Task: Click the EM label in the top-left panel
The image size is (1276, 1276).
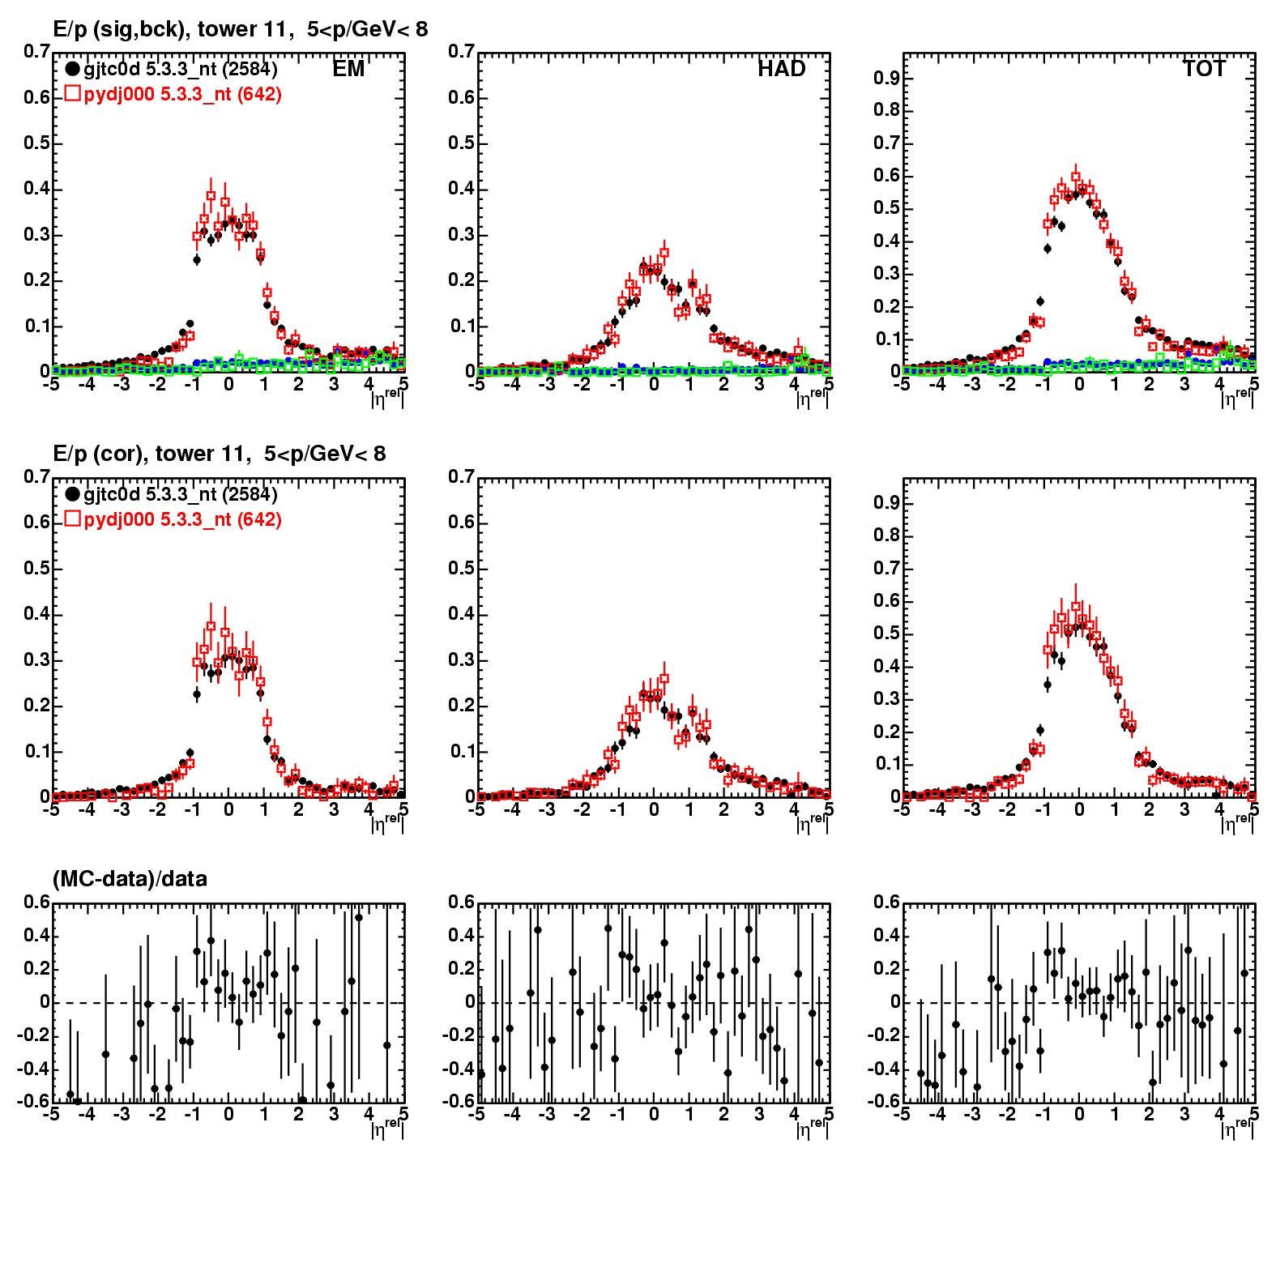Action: point(348,69)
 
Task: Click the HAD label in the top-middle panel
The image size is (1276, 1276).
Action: point(782,69)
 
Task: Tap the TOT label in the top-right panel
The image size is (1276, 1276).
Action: point(1204,69)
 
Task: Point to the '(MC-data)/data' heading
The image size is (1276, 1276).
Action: point(130,878)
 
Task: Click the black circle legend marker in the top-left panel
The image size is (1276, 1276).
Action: point(72,70)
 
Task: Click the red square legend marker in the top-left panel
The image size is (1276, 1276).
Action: point(72,94)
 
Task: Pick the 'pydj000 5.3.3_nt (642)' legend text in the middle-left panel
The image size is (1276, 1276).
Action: point(182,519)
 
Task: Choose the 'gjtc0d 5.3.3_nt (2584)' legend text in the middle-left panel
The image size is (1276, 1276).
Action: point(181,494)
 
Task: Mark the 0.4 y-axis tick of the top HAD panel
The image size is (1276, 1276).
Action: point(461,190)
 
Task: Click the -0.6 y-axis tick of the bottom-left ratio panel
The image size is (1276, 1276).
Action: point(33,1102)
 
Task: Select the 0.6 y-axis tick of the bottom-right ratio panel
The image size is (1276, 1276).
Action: point(887,903)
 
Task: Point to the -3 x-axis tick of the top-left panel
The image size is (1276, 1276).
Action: point(122,385)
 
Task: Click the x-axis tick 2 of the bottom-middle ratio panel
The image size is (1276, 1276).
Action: point(724,1114)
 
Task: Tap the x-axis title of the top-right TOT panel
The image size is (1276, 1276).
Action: point(1236,399)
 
